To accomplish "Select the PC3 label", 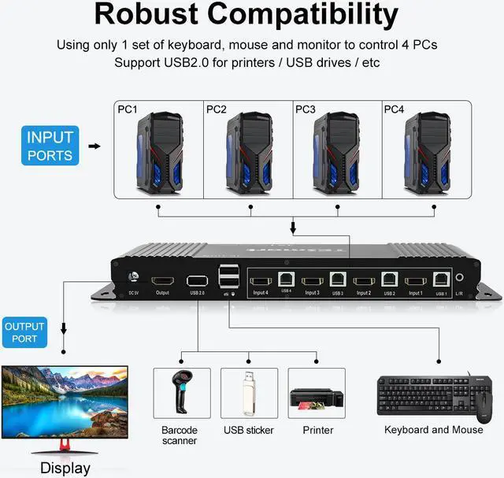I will [306, 109].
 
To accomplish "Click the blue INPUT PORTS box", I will [50, 146].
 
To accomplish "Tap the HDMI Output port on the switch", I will [162, 281].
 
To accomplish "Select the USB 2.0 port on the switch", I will [197, 280].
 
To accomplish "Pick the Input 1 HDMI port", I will [414, 280].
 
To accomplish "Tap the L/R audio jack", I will [458, 279].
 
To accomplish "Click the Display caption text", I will [65, 468].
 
